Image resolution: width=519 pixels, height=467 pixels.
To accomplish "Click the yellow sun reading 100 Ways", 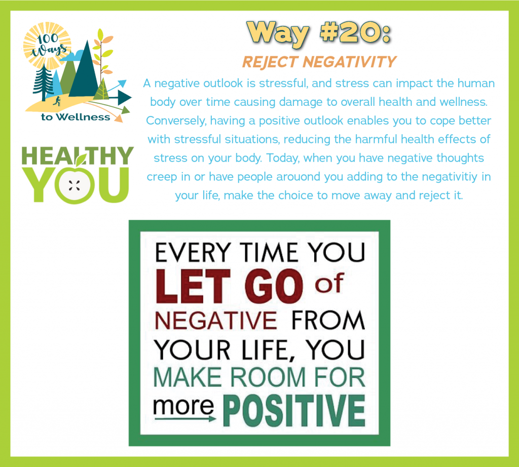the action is point(47,45).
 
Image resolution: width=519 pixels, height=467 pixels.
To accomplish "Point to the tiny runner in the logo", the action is point(57,101).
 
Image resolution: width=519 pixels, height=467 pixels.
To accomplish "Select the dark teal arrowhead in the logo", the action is point(125,98).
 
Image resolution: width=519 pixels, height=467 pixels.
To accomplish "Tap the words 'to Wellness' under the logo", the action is point(76,117).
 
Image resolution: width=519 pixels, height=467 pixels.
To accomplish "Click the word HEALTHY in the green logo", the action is point(78,156).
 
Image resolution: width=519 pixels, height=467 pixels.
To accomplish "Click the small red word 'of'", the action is point(329,284).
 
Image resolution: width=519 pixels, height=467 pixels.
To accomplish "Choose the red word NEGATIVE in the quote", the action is point(216,320).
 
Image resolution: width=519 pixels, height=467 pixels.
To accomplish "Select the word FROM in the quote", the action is point(328,320).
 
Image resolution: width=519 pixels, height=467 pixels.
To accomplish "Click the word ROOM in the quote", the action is point(268,377).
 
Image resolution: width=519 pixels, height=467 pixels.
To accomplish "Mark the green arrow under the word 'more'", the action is point(186,419).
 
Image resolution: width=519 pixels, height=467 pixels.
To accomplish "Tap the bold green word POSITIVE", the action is point(294,410).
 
